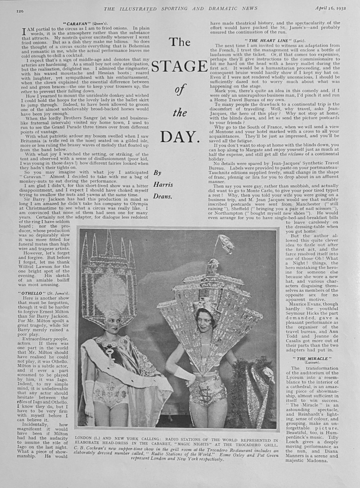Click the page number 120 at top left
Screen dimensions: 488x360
pyautogui.click(x=20, y=10)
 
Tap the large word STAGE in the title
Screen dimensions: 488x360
pyautogui.click(x=180, y=66)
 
